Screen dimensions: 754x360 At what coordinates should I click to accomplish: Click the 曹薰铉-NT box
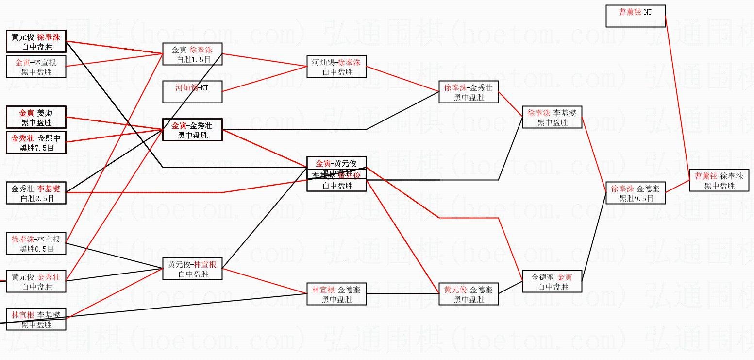tap(635, 16)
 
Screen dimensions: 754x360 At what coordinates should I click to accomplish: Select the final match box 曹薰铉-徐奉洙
tap(719, 180)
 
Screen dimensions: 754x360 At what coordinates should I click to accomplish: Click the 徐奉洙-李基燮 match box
tap(552, 118)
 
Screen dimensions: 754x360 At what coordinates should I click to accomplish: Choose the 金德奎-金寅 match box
tap(552, 282)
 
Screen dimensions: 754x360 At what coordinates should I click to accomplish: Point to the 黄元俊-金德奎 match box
tap(468, 294)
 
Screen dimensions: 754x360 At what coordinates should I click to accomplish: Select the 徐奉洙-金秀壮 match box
tap(468, 92)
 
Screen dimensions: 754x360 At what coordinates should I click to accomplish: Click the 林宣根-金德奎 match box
tap(336, 294)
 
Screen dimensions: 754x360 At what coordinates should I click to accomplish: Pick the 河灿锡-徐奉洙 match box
tap(336, 67)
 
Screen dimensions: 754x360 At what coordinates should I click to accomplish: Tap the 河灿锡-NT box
tap(192, 92)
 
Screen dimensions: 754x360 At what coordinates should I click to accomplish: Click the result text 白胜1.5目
tap(192, 59)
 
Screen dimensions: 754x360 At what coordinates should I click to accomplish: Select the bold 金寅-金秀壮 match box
tap(192, 130)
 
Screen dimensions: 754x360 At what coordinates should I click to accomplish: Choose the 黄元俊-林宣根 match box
tap(192, 269)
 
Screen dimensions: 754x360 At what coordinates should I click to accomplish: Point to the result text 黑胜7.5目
tap(36, 148)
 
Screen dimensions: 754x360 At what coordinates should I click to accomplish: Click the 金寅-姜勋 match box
tap(36, 118)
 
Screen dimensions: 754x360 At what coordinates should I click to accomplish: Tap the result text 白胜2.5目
tap(36, 198)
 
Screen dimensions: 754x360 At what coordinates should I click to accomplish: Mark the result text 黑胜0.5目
tap(36, 249)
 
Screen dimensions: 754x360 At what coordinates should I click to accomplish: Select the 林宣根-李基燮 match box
tap(36, 319)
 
